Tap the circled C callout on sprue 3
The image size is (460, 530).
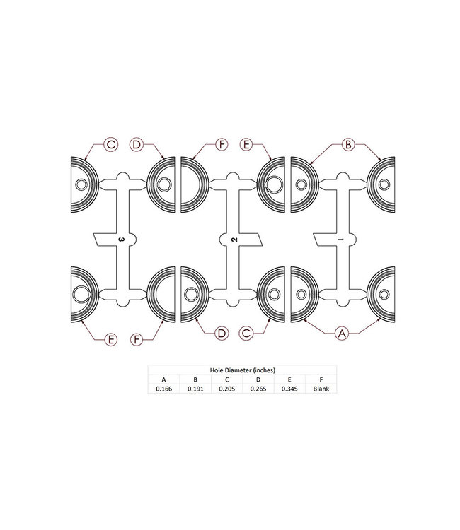click(110, 145)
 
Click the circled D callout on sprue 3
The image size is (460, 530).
click(137, 145)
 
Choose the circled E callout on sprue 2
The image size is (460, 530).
click(248, 145)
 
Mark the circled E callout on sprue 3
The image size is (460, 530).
click(110, 340)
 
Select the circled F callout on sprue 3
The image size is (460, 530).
click(137, 340)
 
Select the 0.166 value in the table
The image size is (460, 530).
click(163, 388)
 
